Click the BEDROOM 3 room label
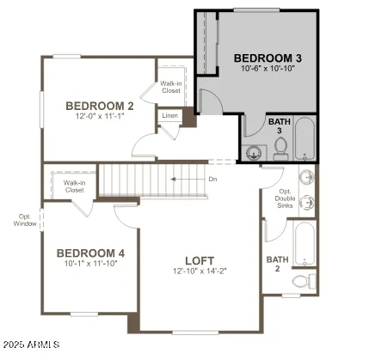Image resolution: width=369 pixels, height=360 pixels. pyautogui.click(x=268, y=58)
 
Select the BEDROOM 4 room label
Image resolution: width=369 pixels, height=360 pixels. pyautogui.click(x=90, y=253)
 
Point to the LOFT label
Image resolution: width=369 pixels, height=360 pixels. pyautogui.click(x=200, y=260)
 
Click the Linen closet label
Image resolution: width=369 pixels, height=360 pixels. pyautogui.click(x=169, y=115)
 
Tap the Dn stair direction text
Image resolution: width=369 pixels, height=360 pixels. pyautogui.click(x=212, y=180)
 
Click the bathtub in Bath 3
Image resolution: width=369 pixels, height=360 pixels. pyautogui.click(x=305, y=139)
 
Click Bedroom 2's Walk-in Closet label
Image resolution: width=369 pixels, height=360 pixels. pyautogui.click(x=170, y=87)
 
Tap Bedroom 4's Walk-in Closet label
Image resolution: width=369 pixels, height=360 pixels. pyautogui.click(x=73, y=186)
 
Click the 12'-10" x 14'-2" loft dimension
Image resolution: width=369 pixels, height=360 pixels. pyautogui.click(x=200, y=271)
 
